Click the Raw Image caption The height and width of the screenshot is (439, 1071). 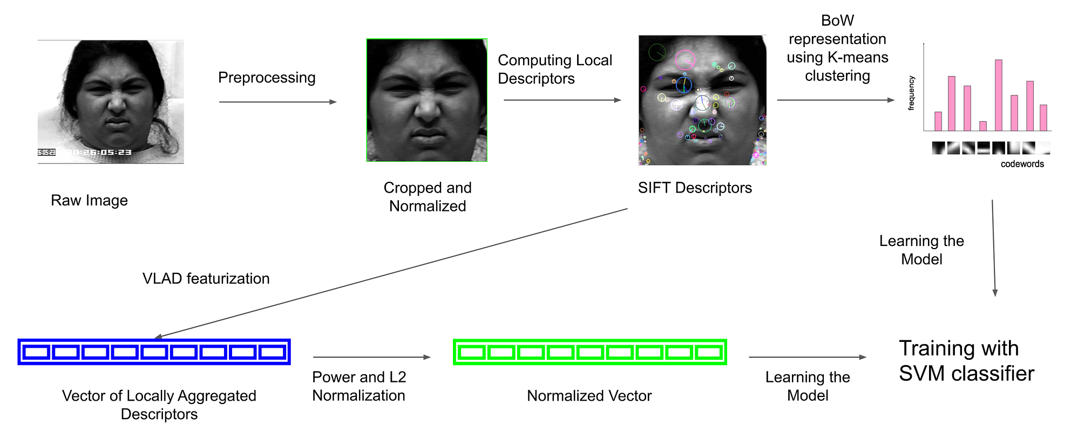point(89,200)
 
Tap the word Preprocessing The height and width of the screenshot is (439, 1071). point(267,78)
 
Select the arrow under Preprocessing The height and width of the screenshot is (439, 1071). point(277,102)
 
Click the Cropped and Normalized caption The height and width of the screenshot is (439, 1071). point(427,197)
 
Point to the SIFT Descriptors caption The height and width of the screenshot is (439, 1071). point(695,188)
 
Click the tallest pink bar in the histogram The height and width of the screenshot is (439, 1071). point(999,95)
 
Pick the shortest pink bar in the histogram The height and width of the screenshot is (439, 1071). point(983,126)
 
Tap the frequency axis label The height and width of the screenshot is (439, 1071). point(911,93)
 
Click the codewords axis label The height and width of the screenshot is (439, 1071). point(1022,164)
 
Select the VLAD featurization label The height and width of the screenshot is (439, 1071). point(206,278)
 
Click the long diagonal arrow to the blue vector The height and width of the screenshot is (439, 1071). point(391,273)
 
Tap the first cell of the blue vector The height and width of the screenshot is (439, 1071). point(37,352)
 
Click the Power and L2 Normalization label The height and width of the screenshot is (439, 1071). point(359,386)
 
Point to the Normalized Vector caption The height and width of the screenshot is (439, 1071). point(589,396)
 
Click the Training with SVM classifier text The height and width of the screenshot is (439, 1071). point(966,361)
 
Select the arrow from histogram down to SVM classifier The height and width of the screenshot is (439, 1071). point(994,248)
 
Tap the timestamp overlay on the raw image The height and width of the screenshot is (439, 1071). point(97,152)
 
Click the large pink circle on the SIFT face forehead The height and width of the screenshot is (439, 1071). point(684,59)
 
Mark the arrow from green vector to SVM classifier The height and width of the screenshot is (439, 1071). point(807,357)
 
